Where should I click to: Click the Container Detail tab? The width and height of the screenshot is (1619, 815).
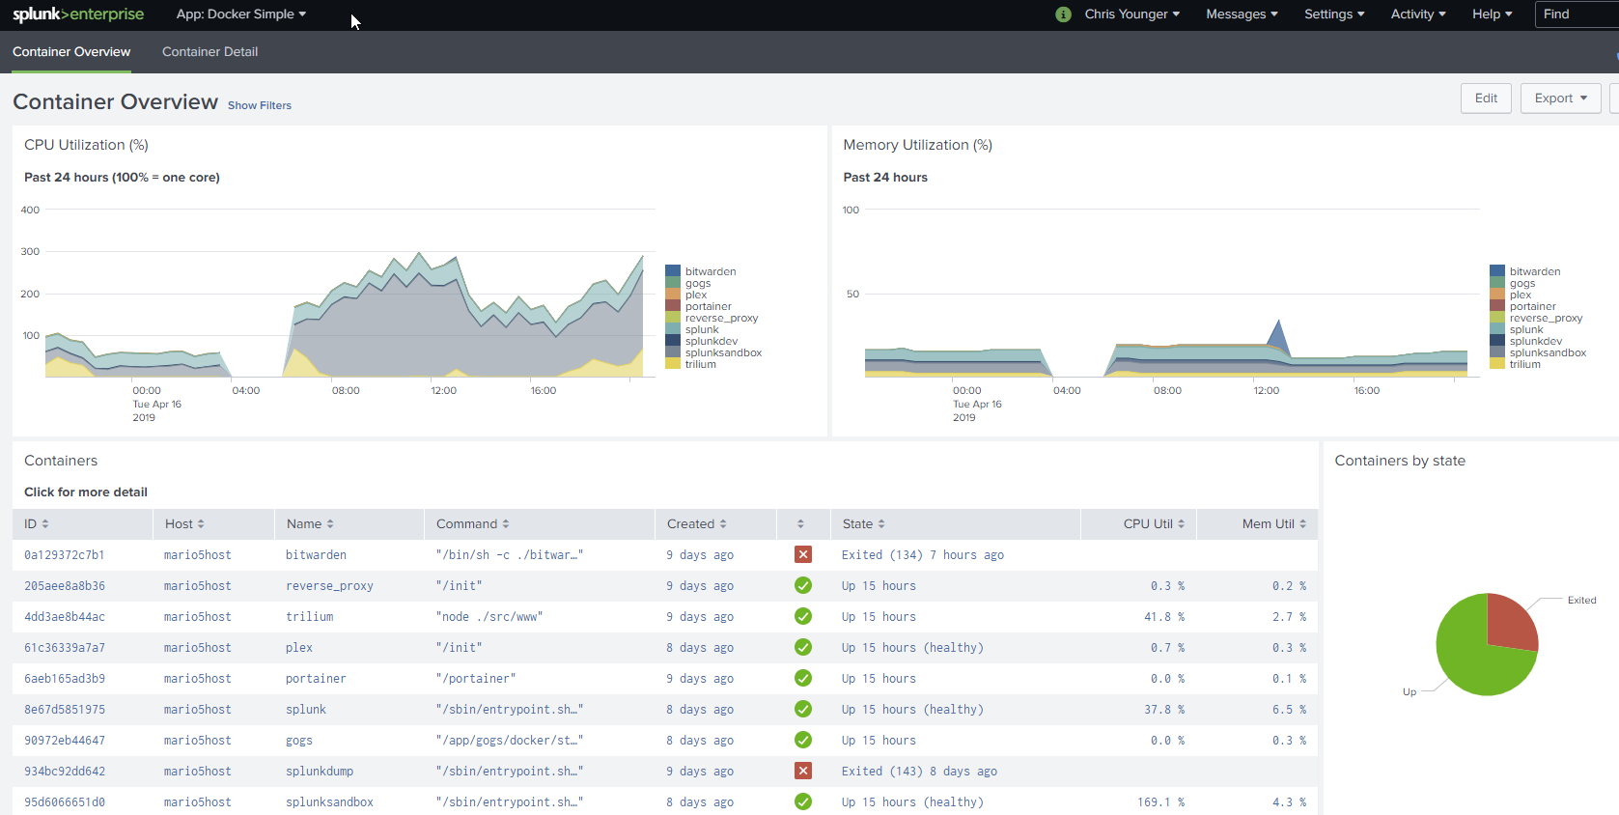pyautogui.click(x=209, y=52)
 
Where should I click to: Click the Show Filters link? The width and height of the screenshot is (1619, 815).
pyautogui.click(x=259, y=105)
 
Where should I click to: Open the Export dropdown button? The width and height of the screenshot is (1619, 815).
pyautogui.click(x=1560, y=98)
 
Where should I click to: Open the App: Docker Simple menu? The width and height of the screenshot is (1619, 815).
pyautogui.click(x=240, y=14)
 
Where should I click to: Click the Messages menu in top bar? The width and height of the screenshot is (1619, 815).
pyautogui.click(x=1241, y=14)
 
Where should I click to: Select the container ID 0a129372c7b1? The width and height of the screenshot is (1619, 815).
pyautogui.click(x=64, y=555)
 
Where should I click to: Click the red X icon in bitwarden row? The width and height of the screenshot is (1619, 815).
pyautogui.click(x=802, y=554)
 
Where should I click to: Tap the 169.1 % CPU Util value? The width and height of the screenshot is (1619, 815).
pyautogui.click(x=1159, y=802)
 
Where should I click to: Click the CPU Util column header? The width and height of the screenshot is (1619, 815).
pyautogui.click(x=1153, y=524)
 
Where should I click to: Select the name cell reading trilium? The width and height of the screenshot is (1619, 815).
pyautogui.click(x=309, y=617)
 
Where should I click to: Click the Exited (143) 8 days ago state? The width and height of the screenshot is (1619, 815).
pyautogui.click(x=918, y=772)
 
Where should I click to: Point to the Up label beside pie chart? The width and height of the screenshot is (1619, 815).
pyautogui.click(x=1410, y=692)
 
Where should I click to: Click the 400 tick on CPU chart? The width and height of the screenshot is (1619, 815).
pyautogui.click(x=30, y=210)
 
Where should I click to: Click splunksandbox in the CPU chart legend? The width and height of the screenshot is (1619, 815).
pyautogui.click(x=722, y=353)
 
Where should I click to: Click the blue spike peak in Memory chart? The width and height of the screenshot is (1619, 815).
pyautogui.click(x=1279, y=323)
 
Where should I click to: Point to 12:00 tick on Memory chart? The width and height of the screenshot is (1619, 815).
pyautogui.click(x=1266, y=391)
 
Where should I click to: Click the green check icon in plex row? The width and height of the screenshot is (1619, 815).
pyautogui.click(x=802, y=647)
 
